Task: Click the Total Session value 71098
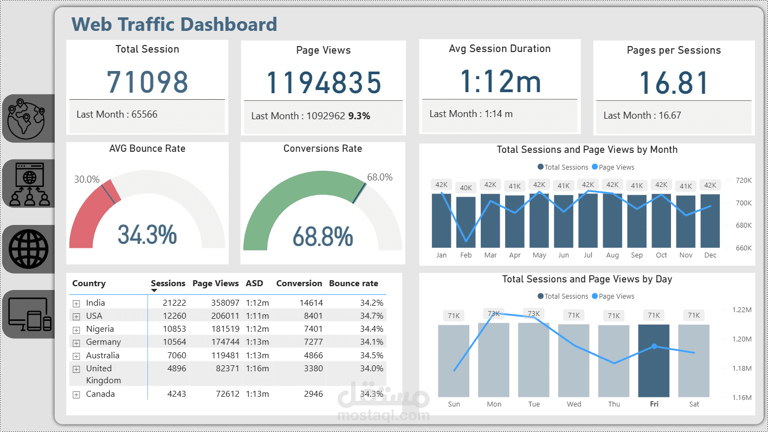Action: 147,82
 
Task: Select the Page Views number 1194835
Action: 324,83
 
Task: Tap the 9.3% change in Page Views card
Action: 359,116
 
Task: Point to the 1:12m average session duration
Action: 500,81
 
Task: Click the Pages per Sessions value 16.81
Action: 674,83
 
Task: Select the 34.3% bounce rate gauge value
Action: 147,235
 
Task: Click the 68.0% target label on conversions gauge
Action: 379,177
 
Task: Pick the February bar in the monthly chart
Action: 466,222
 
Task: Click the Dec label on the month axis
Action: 710,255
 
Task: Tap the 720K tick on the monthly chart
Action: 743,180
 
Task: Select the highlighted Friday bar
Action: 654,360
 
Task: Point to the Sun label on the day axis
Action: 454,404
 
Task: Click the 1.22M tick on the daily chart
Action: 741,310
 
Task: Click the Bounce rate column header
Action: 353,283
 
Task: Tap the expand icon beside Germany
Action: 76,343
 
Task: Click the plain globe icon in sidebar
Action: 28,249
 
